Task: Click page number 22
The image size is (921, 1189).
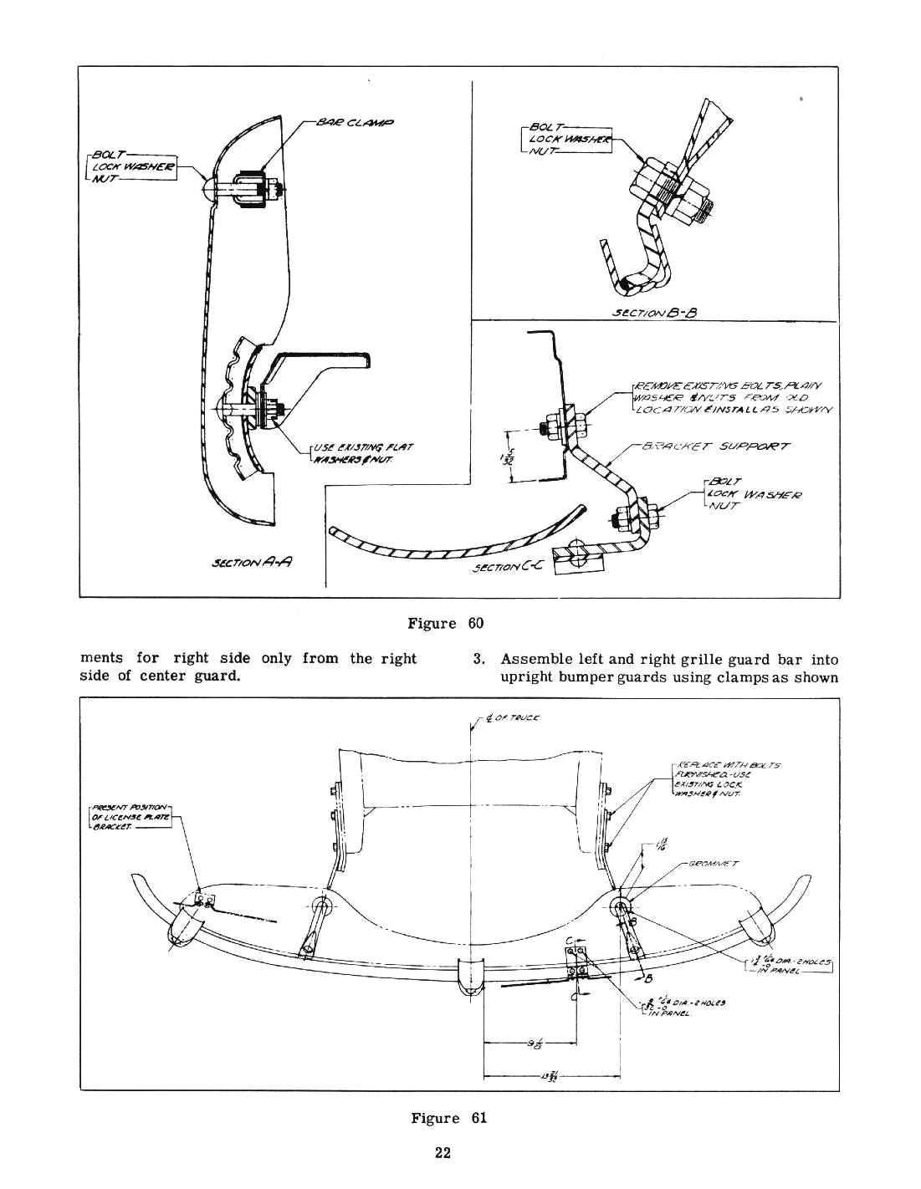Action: coord(443,1154)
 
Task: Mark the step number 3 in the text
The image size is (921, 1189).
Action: coord(478,659)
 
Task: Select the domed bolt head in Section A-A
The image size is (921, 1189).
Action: coord(212,187)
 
